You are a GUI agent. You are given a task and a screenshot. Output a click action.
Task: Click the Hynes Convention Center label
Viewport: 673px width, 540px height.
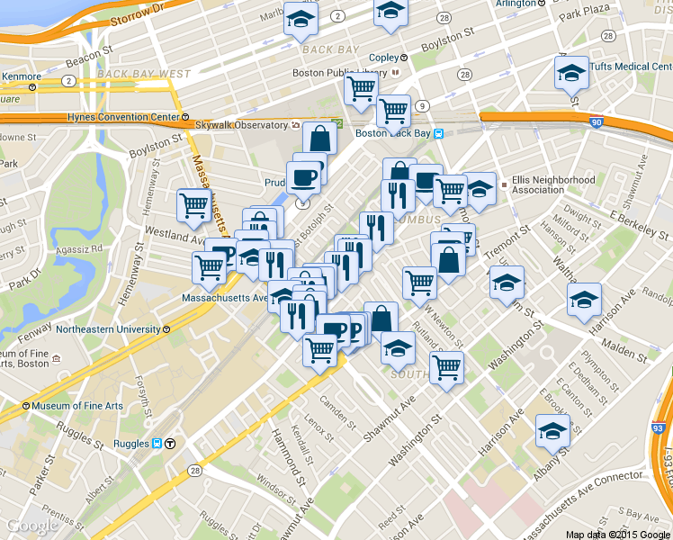[124, 117]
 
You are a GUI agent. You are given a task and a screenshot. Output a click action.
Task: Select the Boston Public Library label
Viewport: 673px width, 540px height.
[339, 73]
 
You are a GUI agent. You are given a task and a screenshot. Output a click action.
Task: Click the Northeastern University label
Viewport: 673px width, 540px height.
[108, 329]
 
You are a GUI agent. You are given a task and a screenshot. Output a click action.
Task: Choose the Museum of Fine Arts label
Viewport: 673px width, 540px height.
[77, 406]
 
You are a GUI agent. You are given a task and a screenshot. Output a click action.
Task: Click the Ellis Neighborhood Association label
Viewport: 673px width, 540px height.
[552, 184]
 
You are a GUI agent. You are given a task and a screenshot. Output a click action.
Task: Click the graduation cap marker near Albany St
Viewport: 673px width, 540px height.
[552, 432]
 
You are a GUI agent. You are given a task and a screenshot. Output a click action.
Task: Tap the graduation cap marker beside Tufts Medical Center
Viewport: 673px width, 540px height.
[570, 73]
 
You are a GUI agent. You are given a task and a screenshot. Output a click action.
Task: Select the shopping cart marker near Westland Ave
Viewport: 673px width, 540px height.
[194, 206]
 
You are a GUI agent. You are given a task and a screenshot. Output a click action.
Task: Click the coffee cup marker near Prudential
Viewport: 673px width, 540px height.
[303, 177]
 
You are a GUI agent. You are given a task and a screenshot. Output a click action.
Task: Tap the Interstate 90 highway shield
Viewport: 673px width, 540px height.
[597, 120]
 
